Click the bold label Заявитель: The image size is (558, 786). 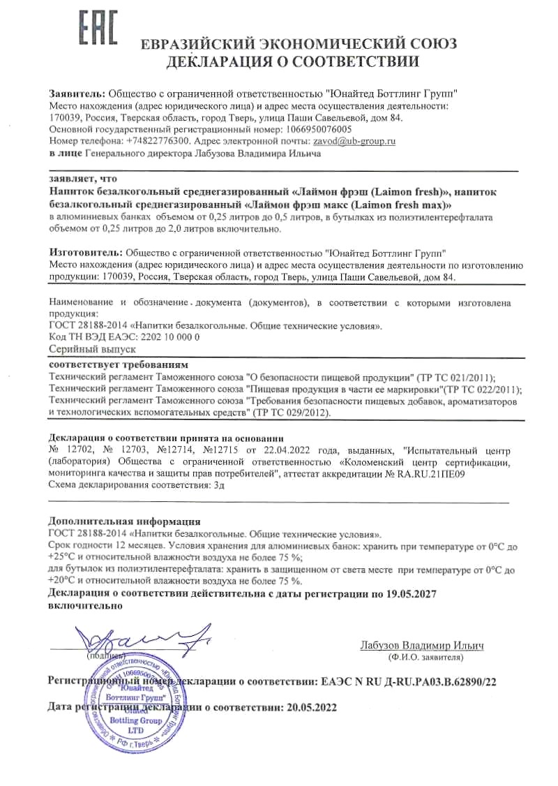tap(77, 94)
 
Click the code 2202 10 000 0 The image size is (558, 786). tap(170, 336)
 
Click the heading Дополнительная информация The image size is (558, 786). tap(124, 521)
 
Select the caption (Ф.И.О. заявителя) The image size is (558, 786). tap(423, 658)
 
